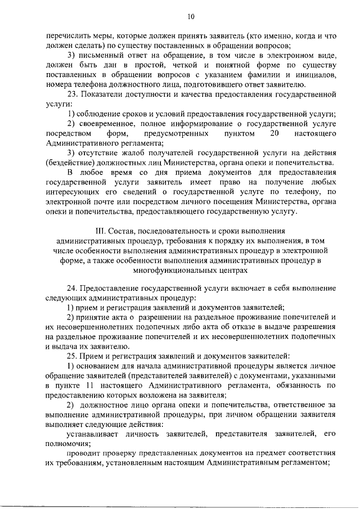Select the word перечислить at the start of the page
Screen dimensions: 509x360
(66, 35)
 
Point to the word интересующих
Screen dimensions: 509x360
(70, 192)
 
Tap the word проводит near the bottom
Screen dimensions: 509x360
(84, 453)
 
